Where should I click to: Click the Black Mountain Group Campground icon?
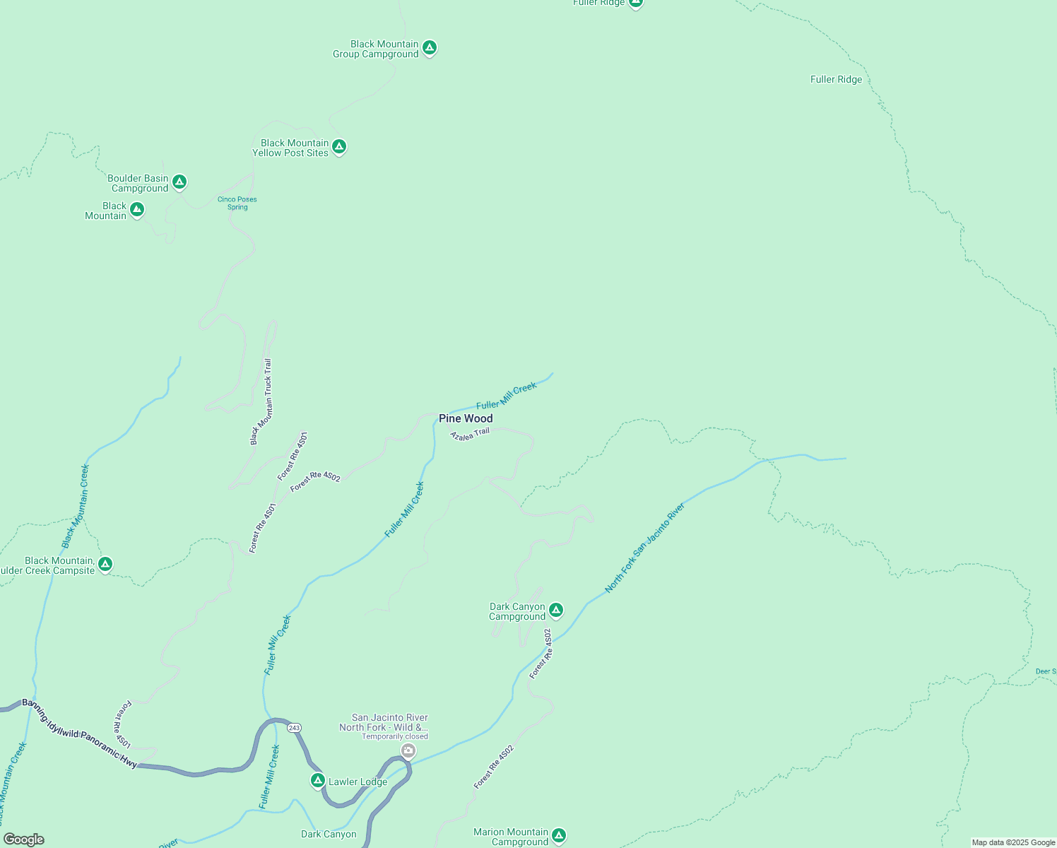[429, 48]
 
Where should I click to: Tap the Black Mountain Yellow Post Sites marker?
[339, 147]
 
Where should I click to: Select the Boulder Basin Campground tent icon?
[179, 182]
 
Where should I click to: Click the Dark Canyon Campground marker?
[556, 610]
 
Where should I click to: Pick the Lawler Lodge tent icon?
[318, 780]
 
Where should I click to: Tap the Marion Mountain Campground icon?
[559, 836]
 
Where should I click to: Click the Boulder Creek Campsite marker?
[105, 564]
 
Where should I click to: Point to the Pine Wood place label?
[466, 418]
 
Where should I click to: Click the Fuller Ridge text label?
[836, 79]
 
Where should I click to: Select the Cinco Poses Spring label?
[237, 204]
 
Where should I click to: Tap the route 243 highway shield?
[295, 728]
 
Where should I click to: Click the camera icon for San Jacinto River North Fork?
[408, 750]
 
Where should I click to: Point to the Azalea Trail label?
[470, 434]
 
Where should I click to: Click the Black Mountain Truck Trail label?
[260, 402]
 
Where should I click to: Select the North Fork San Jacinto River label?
[644, 548]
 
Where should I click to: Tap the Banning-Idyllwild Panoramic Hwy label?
[79, 733]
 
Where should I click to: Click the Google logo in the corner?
[23, 840]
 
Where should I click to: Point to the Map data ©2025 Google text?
[1012, 842]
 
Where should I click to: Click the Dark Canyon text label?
[329, 834]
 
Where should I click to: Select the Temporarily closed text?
[395, 736]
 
